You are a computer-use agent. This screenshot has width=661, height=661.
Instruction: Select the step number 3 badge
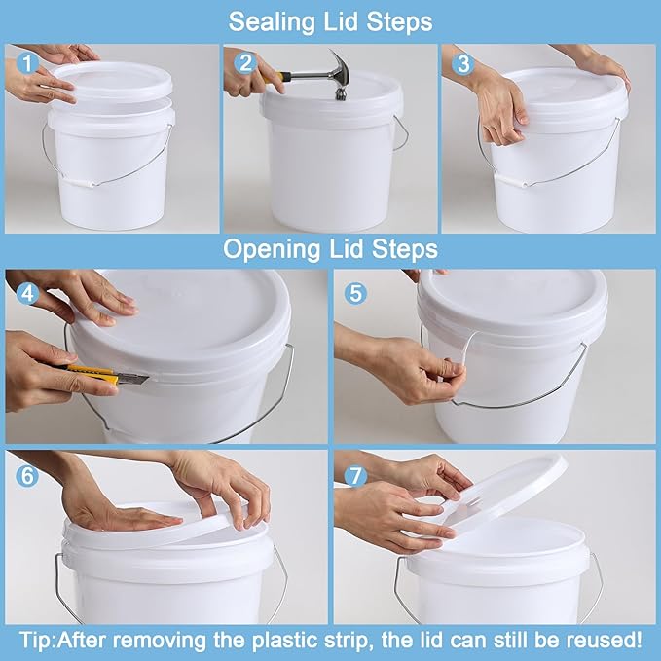461,63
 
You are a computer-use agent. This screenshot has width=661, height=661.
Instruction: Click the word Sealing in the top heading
265,20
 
